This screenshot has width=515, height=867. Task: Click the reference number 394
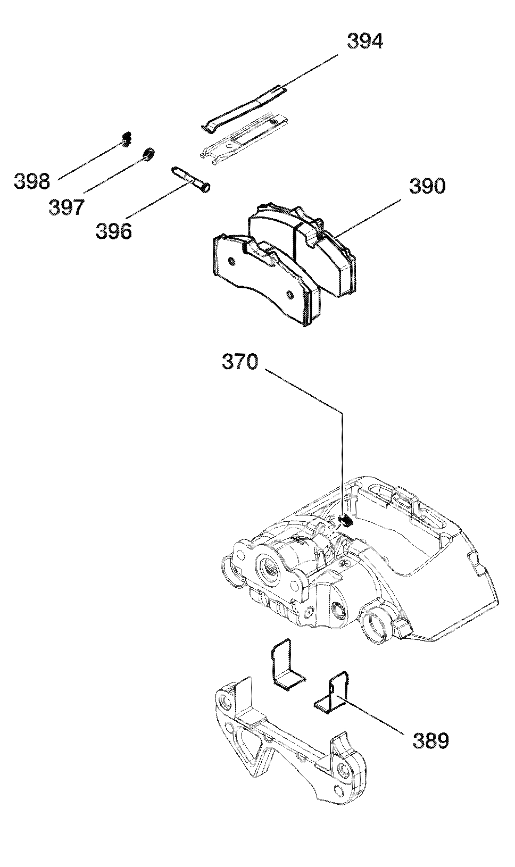click(365, 41)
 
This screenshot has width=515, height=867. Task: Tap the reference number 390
click(428, 186)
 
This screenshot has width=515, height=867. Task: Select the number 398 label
click(32, 181)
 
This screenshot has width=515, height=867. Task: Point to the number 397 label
click(66, 207)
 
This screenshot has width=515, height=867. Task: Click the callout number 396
click(114, 231)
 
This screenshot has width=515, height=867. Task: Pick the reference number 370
click(240, 363)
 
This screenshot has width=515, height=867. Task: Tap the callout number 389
click(430, 740)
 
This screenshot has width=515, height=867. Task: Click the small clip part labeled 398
click(126, 139)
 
